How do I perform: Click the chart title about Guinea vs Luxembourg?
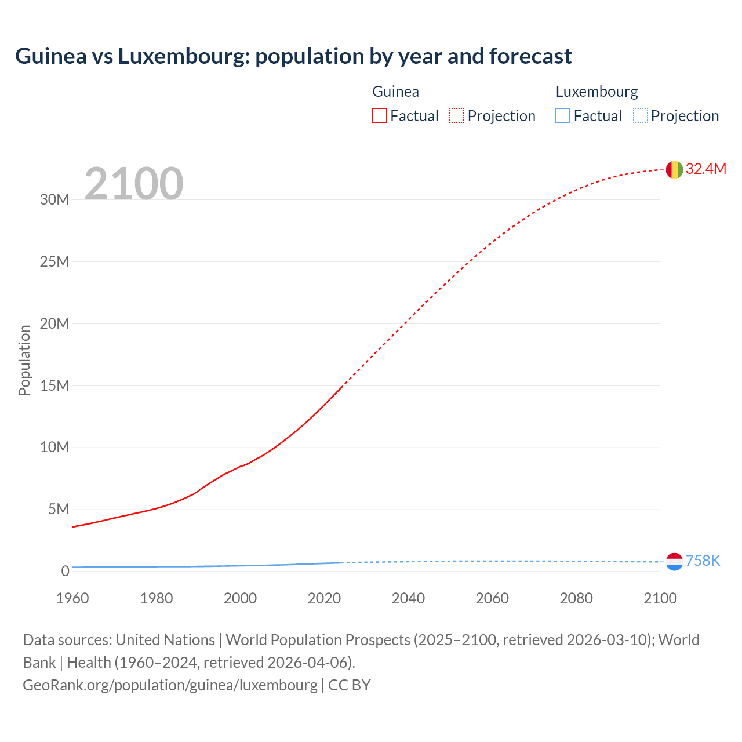click(293, 56)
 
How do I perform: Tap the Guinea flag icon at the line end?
click(674, 169)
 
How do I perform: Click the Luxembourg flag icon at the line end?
click(674, 561)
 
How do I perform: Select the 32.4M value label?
click(705, 169)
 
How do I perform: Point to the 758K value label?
click(703, 561)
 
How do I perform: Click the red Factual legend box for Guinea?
click(379, 115)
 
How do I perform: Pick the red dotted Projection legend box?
click(457, 115)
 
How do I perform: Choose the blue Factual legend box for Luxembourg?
click(563, 115)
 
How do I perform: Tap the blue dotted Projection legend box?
click(641, 115)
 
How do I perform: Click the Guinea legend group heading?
click(395, 92)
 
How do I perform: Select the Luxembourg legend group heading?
click(596, 92)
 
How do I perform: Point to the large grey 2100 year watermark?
click(134, 184)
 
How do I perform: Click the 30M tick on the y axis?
click(54, 199)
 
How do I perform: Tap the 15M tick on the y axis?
click(54, 385)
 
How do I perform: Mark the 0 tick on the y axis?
click(65, 571)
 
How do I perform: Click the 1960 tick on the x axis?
click(72, 598)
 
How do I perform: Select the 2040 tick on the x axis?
click(408, 598)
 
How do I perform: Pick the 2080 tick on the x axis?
click(576, 598)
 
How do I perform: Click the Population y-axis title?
click(24, 360)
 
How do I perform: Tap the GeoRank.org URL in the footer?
click(170, 685)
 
